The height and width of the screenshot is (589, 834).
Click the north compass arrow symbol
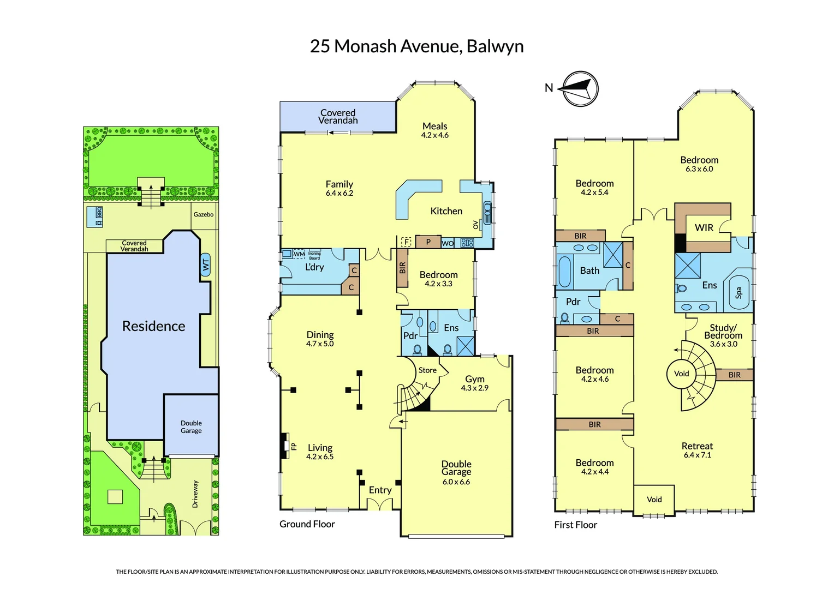coord(580,88)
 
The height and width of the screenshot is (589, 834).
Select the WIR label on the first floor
coord(704,228)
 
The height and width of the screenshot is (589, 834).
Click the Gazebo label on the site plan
coord(204,214)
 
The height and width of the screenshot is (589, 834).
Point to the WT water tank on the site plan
coord(206,265)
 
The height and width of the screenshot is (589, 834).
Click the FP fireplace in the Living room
coord(285,446)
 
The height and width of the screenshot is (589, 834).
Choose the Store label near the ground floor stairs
coord(427,370)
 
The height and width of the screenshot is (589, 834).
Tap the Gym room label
coord(474,379)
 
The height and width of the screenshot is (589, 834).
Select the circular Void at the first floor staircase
coord(681,374)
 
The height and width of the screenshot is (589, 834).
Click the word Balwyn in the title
coord(495,46)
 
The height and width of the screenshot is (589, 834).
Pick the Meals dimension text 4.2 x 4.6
coord(434,135)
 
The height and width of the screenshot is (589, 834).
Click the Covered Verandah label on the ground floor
coord(338,117)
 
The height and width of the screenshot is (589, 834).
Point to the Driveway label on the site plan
coord(195,494)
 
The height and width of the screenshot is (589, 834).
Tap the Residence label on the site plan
coord(153,326)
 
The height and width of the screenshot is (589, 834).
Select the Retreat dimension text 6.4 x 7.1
coord(697,455)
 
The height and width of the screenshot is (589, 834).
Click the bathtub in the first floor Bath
coord(564,271)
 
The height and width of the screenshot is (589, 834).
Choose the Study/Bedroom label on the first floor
coord(723,332)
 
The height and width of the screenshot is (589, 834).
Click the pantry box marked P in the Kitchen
coord(428,242)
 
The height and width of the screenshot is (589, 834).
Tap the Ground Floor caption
coord(307,524)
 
